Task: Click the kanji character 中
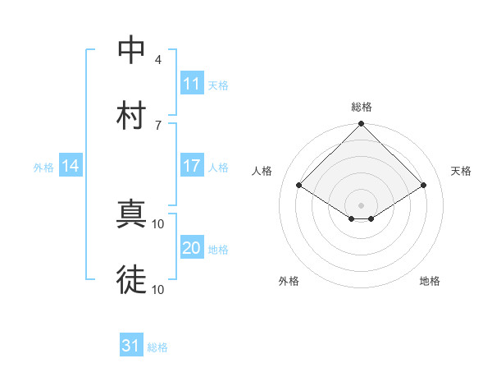pos(131,50)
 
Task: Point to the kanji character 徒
pos(131,279)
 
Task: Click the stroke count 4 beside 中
pos(158,60)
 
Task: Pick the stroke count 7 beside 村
pos(158,124)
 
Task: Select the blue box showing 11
pos(191,84)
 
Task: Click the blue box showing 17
pos(191,166)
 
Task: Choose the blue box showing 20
pos(191,248)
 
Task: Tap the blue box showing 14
pos(71,166)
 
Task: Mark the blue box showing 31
pos(131,346)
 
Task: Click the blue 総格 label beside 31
pos(157,347)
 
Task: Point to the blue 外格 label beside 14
pos(43,168)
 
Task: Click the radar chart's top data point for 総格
pos(361,125)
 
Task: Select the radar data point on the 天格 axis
pos(424,186)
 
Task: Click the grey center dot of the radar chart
pos(361,204)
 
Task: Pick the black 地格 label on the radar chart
pos(430,282)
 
